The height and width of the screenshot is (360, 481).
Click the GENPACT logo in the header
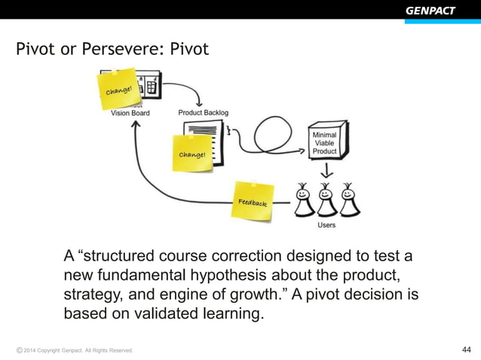430,10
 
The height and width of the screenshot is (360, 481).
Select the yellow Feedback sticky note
253,201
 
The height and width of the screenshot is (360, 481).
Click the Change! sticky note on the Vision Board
118,90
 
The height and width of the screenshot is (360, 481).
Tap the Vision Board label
130,113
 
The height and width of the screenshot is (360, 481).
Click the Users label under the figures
326,224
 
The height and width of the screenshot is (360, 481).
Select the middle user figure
326,199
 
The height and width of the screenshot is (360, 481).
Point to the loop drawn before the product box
276,138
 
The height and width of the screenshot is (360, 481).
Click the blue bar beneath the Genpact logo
442,21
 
